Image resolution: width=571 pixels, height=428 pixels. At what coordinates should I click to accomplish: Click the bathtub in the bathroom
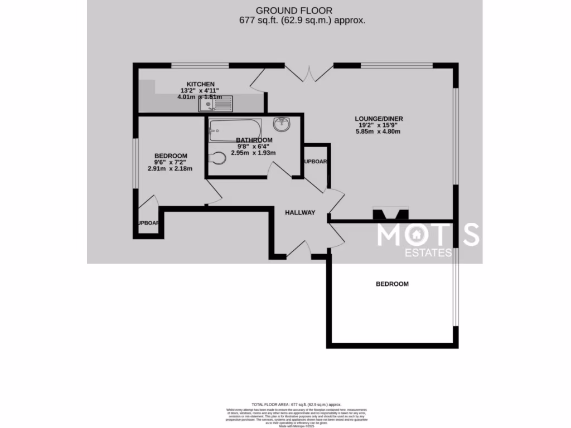tap(235, 130)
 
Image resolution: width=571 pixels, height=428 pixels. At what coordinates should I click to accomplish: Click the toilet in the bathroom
tap(217, 159)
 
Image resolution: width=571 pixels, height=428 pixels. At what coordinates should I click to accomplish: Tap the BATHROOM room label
tap(254, 140)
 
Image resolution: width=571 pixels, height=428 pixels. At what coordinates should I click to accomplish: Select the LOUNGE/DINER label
tap(379, 119)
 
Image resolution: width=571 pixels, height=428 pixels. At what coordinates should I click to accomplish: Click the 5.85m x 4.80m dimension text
tap(379, 132)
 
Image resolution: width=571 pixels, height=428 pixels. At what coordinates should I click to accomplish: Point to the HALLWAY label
tap(300, 212)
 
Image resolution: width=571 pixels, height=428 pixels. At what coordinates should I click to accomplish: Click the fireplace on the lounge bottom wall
tap(390, 213)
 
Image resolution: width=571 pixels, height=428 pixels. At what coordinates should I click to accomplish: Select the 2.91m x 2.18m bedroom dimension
tap(170, 168)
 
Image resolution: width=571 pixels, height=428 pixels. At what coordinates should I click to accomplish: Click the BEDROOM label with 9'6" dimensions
tap(171, 155)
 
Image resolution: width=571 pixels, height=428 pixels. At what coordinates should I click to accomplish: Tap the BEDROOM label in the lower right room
tap(392, 284)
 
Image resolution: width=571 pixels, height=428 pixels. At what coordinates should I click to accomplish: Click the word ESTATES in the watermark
tap(428, 253)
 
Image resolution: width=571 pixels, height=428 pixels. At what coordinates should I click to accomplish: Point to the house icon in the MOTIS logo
tap(416, 235)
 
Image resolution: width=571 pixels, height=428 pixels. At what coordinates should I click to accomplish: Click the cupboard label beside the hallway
tap(316, 162)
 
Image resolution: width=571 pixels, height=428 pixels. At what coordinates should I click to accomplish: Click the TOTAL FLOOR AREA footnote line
tap(296, 405)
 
